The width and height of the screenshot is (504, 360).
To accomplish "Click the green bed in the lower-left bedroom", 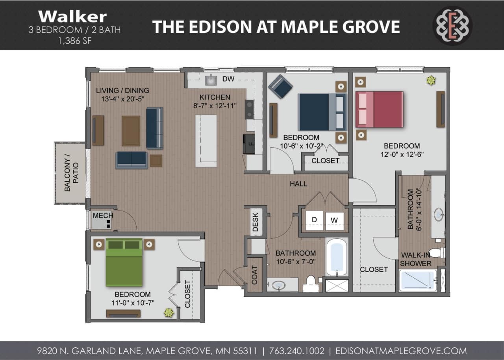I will pos(124,262).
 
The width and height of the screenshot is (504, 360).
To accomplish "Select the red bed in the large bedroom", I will pos(380,109).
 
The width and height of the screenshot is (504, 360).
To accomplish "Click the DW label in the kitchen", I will pos(228,79).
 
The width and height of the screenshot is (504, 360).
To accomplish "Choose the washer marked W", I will pos(334,220).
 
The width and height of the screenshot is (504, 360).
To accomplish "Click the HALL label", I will pos(298,184).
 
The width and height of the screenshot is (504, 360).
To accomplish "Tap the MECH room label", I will pos(103,215).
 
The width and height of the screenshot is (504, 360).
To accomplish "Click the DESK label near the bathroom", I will pos(255,222).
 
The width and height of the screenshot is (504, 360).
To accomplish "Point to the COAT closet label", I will pos(254,275).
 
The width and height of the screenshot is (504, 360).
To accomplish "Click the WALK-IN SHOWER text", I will pos(416,259).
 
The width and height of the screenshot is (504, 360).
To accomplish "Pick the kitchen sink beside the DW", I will pos(211,80).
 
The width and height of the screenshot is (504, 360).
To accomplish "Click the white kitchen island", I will pos(206,140).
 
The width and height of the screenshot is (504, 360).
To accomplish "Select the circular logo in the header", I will pos(452,26).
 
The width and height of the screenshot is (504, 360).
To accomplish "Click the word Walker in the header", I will pos(72,17).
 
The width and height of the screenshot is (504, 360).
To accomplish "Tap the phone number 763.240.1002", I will pos(297,351).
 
